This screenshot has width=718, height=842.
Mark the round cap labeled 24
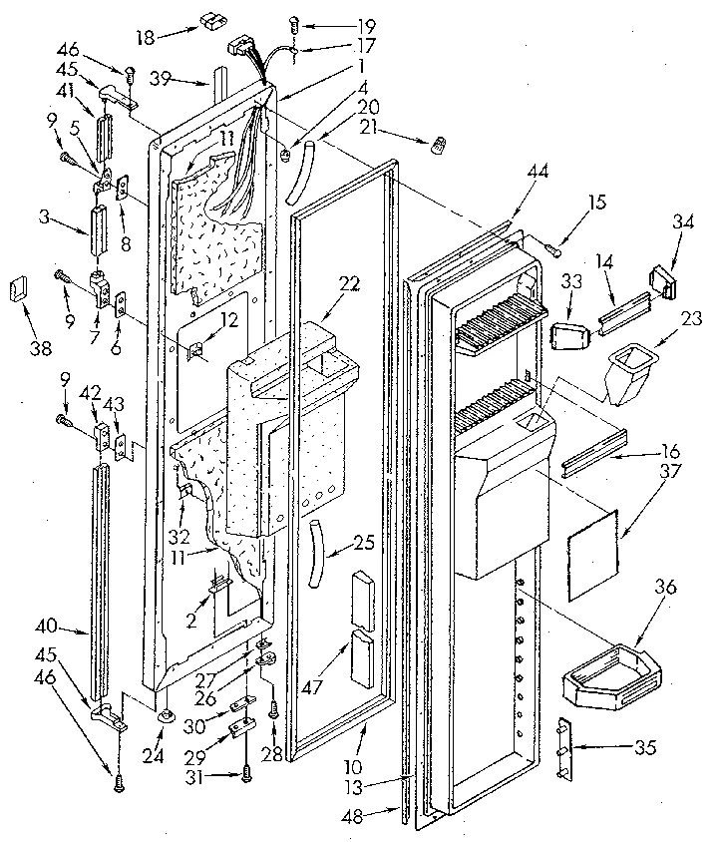click(x=164, y=715)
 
